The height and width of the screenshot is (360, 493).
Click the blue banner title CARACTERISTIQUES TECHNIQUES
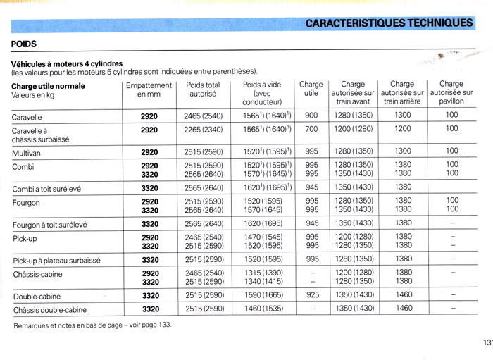389,23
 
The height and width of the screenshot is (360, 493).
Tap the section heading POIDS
26,44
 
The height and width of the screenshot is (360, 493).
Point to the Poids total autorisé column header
203,89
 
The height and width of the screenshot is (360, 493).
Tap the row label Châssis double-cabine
50,309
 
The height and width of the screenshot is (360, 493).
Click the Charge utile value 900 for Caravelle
311,115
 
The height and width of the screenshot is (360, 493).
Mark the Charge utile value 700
311,129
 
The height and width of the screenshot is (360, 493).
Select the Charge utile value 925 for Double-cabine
311,295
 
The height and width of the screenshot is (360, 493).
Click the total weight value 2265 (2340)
203,129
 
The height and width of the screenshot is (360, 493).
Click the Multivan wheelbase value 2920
149,151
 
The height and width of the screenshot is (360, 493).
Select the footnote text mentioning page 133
92,325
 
